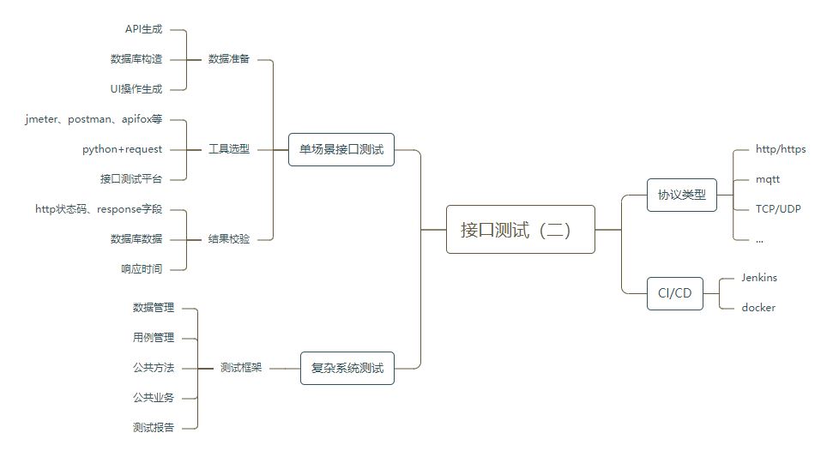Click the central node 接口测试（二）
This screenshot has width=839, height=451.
click(520, 230)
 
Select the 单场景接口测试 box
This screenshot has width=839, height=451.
click(341, 149)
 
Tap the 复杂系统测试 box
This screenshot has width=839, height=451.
click(347, 369)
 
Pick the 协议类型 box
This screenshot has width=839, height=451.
click(681, 195)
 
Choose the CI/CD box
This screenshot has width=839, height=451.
click(674, 293)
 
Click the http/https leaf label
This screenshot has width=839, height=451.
click(780, 149)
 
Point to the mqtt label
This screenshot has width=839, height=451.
click(767, 179)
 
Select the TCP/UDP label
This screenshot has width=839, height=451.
click(777, 208)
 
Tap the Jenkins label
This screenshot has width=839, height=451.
click(758, 278)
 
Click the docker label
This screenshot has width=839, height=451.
click(758, 308)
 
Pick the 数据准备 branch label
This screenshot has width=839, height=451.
click(229, 59)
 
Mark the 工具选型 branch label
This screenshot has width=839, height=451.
click(229, 149)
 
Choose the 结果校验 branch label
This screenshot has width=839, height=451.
click(229, 239)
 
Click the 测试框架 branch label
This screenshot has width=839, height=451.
click(241, 368)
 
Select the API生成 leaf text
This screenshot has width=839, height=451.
click(143, 29)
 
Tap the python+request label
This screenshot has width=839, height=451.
click(122, 149)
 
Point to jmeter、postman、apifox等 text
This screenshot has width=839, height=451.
click(94, 119)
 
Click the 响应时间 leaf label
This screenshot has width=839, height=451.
click(142, 269)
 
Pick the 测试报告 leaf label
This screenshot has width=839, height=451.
click(154, 427)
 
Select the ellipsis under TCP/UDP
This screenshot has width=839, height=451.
click(759, 241)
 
